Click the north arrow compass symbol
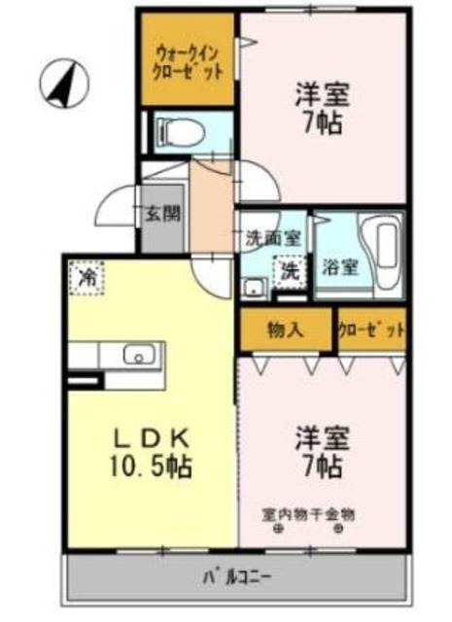(64, 85)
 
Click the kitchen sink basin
(139, 355)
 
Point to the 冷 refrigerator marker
(87, 278)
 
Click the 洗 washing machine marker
(291, 272)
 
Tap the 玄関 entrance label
(162, 214)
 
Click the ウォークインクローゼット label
(188, 62)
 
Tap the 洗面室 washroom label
(274, 237)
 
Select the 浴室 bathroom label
(340, 267)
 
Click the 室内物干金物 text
(308, 514)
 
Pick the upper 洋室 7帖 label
(322, 109)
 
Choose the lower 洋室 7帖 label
(322, 452)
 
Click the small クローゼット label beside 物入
(372, 330)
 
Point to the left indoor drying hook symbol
(279, 529)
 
